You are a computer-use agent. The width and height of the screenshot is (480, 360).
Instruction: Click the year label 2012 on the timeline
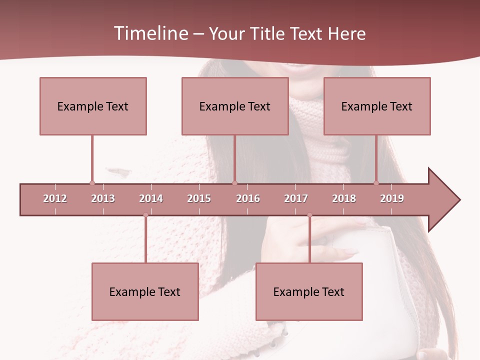click(55, 198)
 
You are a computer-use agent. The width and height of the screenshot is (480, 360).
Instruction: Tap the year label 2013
click(103, 198)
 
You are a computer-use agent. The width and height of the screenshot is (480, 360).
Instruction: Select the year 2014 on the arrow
click(151, 198)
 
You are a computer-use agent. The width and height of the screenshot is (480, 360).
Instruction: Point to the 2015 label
click(199, 198)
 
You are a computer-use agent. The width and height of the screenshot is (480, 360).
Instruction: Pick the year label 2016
click(248, 198)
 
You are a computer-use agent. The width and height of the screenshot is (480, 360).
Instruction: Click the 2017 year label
click(296, 198)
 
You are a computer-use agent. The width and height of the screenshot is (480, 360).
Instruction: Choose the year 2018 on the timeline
click(344, 198)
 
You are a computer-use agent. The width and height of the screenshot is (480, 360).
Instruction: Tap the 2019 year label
click(392, 198)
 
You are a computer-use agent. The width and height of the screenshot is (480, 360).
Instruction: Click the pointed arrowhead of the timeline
click(445, 199)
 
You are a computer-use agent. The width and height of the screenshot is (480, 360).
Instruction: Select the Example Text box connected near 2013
click(93, 106)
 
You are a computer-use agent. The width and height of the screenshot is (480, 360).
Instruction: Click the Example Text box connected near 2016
click(235, 106)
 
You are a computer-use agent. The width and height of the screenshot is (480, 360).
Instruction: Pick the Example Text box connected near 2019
click(377, 106)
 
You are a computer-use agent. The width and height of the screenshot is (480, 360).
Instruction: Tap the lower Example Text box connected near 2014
click(145, 291)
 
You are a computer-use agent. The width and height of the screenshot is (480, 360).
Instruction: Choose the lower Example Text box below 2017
click(309, 291)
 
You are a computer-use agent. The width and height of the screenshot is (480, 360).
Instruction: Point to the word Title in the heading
click(268, 33)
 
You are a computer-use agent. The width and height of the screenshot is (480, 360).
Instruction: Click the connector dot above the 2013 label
click(92, 183)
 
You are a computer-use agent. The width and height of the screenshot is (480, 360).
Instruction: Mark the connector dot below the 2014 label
click(145, 215)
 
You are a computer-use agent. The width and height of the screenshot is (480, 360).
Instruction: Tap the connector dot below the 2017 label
click(309, 215)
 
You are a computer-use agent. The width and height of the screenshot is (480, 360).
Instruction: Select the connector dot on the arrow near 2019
click(376, 183)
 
